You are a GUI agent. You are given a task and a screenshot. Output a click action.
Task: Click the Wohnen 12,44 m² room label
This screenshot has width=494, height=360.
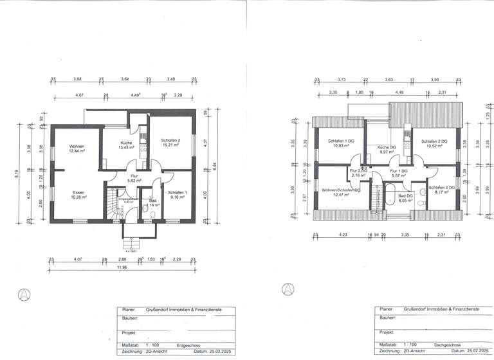[77, 149]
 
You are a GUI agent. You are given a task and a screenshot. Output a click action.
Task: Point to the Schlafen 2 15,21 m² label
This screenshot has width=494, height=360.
[170, 143]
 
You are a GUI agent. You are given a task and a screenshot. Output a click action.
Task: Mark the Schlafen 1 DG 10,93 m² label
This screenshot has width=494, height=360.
[341, 143]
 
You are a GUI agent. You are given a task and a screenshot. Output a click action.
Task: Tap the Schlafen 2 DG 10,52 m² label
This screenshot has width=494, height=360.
[434, 143]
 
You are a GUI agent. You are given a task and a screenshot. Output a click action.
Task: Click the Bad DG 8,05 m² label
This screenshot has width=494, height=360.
[405, 197]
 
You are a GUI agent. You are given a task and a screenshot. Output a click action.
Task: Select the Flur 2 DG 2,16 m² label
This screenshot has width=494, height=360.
[358, 173]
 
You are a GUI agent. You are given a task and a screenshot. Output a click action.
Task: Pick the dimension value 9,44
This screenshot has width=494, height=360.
[215, 172]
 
